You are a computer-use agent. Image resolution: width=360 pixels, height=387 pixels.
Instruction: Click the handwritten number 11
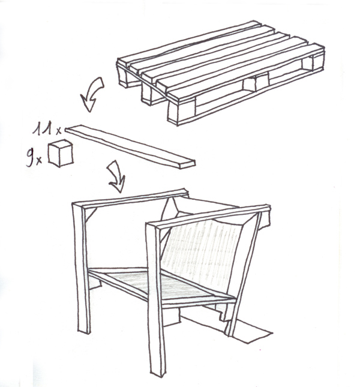(x=43, y=128)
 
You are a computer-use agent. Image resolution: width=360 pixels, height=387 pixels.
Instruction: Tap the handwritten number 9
(x=31, y=157)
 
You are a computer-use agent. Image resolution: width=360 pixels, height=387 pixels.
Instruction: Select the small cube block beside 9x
(x=61, y=153)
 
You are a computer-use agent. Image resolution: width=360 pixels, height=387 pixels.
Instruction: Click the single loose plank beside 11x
(x=130, y=146)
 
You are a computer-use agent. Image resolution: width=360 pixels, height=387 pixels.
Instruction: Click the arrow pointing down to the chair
(x=116, y=176)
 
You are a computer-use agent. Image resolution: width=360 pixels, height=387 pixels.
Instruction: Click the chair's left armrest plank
(x=131, y=198)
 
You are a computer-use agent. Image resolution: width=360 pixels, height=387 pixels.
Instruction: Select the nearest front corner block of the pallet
(x=182, y=110)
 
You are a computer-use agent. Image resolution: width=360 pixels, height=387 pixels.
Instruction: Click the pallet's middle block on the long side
(x=255, y=82)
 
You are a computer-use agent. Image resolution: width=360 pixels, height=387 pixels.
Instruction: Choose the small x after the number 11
(x=58, y=131)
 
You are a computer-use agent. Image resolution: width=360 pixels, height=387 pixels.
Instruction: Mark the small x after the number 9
(x=39, y=161)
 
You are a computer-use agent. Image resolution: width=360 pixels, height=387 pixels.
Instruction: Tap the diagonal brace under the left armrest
(x=91, y=214)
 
